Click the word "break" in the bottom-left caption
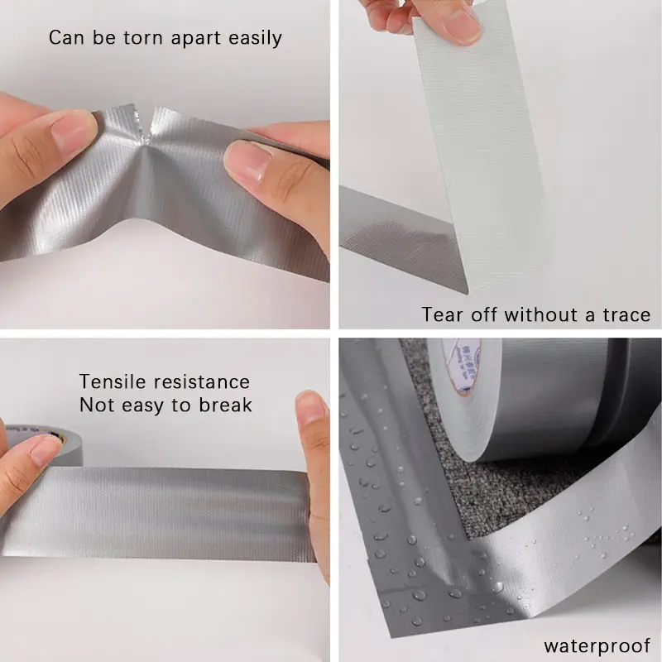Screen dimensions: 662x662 click(x=226, y=405)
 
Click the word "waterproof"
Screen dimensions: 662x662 click(x=597, y=645)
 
